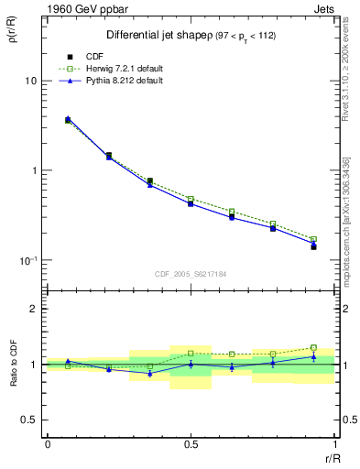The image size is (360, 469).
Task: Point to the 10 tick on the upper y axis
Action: [31, 81]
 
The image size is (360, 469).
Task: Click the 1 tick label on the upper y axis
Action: [34, 170]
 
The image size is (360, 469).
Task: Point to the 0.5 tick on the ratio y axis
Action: [29, 420]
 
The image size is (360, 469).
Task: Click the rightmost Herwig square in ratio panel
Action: [313, 348]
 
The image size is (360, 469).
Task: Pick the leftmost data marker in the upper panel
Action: [68, 119]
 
